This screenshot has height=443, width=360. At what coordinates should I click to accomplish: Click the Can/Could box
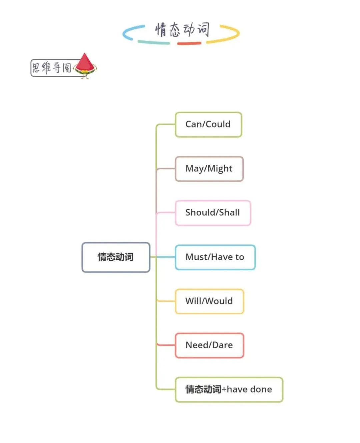(208, 125)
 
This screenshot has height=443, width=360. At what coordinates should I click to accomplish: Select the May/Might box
(209, 169)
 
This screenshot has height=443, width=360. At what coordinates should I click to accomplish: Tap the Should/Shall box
(213, 213)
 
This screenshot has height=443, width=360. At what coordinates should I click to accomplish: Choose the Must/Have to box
(215, 257)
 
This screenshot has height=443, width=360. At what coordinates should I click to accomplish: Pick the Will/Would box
(209, 301)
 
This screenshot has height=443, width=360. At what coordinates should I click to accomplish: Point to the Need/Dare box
(209, 345)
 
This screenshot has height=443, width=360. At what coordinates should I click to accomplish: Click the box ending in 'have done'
(229, 389)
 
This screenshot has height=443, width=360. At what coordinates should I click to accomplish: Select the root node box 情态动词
(116, 257)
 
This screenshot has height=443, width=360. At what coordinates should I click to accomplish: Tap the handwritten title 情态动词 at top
(182, 30)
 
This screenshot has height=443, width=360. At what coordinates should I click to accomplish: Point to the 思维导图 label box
(52, 68)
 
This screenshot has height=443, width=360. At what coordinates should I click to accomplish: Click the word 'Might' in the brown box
(220, 169)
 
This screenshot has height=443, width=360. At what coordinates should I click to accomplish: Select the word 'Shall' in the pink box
(229, 213)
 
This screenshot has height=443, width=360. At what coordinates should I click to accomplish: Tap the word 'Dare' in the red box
(222, 345)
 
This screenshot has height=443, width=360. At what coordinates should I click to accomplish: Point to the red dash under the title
(189, 43)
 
